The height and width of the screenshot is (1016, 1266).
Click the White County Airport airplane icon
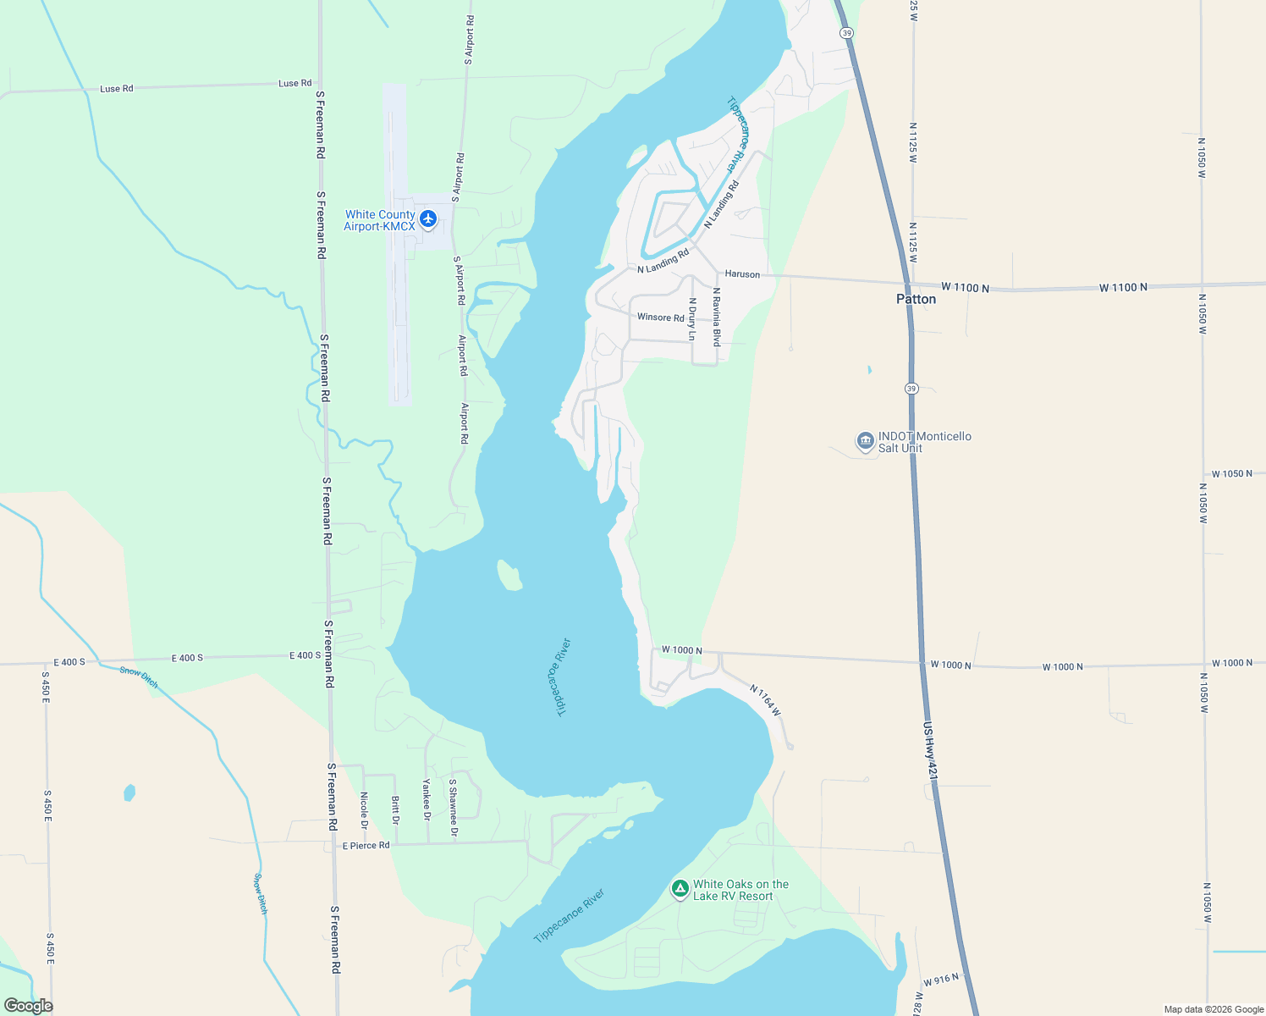tap(428, 219)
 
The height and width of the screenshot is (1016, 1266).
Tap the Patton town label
tap(916, 299)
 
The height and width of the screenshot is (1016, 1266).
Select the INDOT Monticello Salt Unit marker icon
tap(865, 441)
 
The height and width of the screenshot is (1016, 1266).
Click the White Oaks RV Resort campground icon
tap(680, 889)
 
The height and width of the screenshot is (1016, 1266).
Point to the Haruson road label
tap(742, 274)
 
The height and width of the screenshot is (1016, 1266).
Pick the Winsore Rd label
tap(660, 317)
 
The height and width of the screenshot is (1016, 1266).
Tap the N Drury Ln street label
tap(692, 318)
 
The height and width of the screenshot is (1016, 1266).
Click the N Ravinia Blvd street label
tap(717, 317)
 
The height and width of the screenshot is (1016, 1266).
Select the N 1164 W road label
tap(765, 701)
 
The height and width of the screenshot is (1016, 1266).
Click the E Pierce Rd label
tap(366, 845)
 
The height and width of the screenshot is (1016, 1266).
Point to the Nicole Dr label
tap(364, 810)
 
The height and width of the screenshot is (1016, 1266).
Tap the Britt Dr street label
tap(395, 809)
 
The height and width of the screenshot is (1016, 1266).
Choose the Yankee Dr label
tap(427, 800)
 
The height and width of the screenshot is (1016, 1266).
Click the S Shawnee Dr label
tap(454, 809)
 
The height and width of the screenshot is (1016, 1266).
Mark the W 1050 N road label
tap(1231, 474)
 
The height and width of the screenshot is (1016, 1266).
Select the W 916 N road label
tap(941, 980)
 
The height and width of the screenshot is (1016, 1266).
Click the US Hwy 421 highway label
tap(931, 751)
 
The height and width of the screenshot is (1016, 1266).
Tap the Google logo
tap(28, 1005)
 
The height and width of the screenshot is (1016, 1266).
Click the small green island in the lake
tap(509, 576)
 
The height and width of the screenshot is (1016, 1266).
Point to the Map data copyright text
tap(1214, 1009)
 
